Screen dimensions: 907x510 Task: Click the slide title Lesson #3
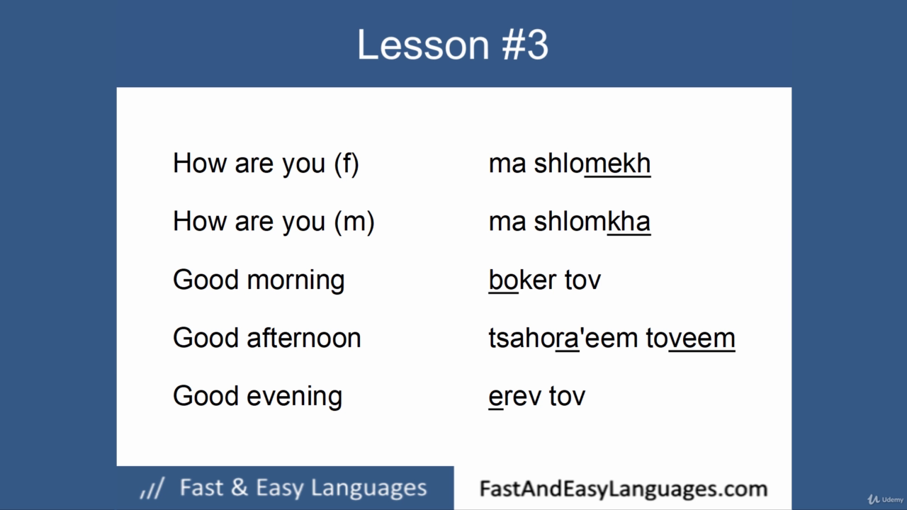tap(453, 45)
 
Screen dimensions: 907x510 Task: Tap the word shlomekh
tap(592, 164)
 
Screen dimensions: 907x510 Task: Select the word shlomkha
tap(592, 222)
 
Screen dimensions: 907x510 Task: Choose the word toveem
tap(690, 338)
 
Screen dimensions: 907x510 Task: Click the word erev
tap(514, 396)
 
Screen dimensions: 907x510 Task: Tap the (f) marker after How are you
tap(347, 164)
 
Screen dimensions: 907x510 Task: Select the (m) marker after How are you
tap(354, 222)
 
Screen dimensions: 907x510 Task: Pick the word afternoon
tap(304, 338)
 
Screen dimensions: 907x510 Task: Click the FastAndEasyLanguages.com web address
tap(624, 489)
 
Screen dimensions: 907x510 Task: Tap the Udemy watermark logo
tap(885, 499)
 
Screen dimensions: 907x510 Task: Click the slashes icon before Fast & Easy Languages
tap(152, 488)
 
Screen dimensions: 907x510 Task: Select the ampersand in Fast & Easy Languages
tap(240, 487)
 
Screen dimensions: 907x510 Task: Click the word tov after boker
tap(582, 280)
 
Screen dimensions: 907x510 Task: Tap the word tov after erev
tap(567, 396)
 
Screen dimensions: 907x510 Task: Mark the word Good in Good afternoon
tap(205, 338)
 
